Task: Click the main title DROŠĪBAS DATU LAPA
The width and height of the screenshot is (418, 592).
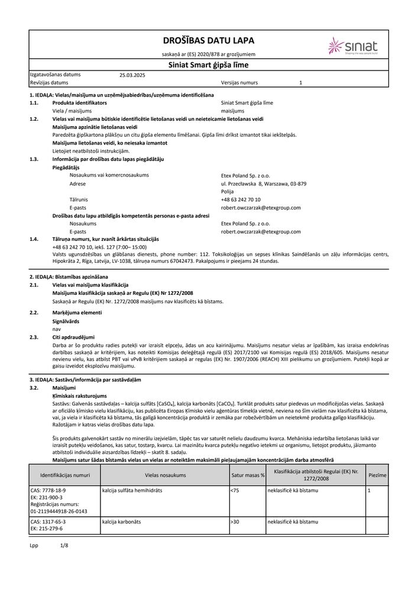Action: [x=209, y=41]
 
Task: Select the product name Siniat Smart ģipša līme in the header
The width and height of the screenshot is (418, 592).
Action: [x=209, y=66]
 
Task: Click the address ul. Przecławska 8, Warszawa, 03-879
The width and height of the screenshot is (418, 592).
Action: [x=263, y=184]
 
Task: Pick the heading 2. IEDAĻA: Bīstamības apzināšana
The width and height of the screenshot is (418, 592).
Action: [x=69, y=276]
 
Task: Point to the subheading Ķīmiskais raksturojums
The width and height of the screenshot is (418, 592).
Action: [x=79, y=395]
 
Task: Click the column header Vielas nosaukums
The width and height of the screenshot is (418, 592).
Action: [x=165, y=475]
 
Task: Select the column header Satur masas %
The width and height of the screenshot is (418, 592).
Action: [x=248, y=475]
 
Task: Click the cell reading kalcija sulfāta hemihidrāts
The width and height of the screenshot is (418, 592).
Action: [x=132, y=491]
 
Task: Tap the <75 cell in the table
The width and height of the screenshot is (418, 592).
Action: [x=235, y=491]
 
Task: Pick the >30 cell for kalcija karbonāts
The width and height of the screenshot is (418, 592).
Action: [x=235, y=522]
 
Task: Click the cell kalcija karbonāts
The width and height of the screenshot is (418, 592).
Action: [x=124, y=522]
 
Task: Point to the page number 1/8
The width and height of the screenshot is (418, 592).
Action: [x=64, y=545]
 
